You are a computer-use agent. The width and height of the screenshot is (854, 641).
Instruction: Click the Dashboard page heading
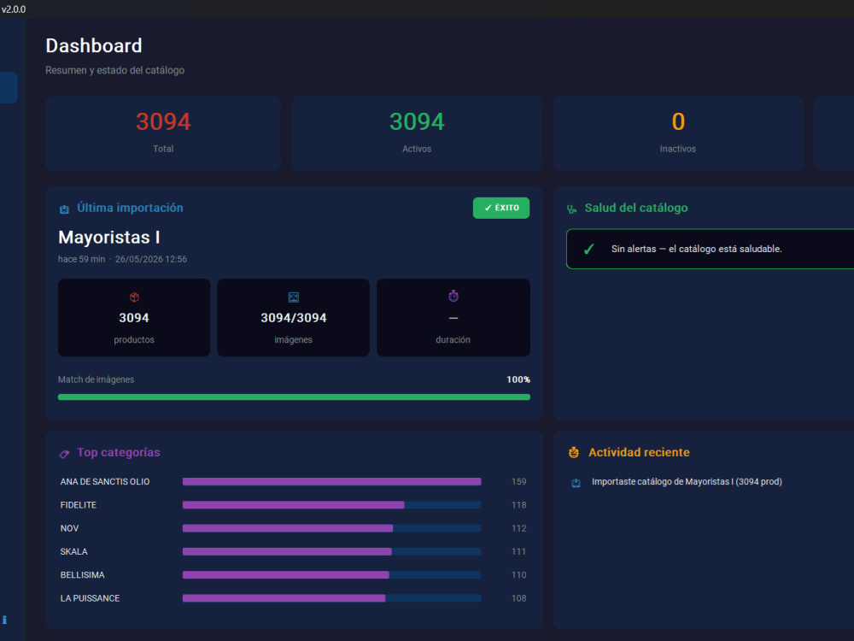94,46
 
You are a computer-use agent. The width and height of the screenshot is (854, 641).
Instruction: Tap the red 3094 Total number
163,121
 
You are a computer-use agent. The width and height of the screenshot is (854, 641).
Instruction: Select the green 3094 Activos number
418,121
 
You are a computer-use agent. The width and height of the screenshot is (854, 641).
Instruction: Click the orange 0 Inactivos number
678,121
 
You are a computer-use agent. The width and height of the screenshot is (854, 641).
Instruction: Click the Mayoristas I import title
109,237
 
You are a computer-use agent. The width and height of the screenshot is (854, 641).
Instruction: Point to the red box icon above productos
135,297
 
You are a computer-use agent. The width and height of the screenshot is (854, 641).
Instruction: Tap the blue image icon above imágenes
294,297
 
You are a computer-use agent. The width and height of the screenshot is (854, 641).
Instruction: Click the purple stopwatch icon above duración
453,296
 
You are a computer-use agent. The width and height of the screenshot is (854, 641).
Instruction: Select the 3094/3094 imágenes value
294,318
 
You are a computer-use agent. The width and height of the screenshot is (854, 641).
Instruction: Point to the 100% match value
518,379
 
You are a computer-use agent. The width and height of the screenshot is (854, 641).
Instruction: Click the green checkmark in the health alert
588,249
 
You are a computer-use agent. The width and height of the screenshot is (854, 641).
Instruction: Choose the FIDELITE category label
79,505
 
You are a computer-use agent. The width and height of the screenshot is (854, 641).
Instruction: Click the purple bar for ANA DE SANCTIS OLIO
331,482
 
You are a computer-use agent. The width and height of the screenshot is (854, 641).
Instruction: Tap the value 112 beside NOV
519,528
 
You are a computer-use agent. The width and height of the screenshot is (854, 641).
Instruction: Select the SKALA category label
74,551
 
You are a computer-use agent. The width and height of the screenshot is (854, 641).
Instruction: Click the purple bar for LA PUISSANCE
284,598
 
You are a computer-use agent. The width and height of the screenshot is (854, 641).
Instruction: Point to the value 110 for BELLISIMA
519,575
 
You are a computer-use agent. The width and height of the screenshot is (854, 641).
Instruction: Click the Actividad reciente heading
639,452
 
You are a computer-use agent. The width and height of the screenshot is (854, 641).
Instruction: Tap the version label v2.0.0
14,9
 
